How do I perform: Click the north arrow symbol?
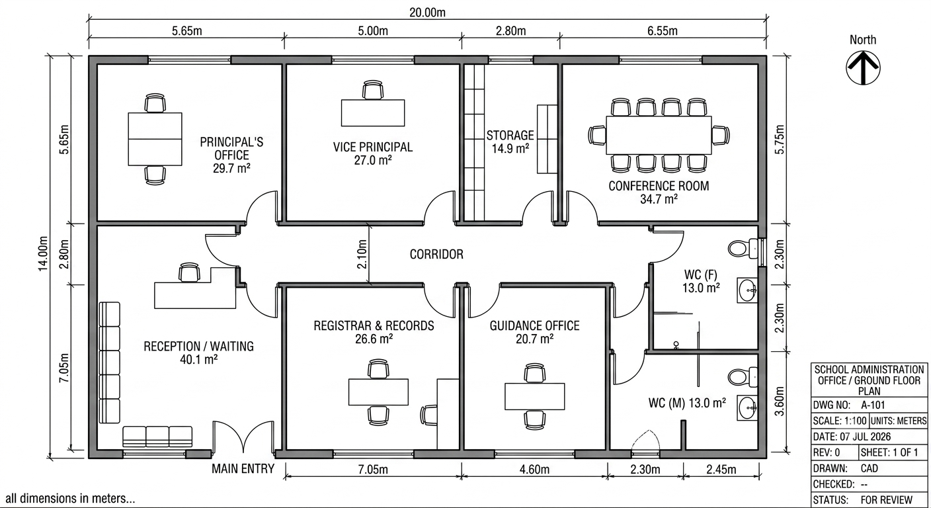tap(864, 68)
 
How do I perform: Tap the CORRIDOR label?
tap(436, 255)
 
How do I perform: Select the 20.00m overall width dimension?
tap(427, 13)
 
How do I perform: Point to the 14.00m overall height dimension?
tap(43, 253)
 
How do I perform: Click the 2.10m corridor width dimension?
tap(362, 254)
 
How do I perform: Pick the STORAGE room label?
tap(510, 136)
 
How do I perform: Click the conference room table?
tap(659, 135)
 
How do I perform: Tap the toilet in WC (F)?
tap(743, 249)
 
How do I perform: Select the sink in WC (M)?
tap(747, 408)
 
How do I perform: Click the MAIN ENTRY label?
tap(243, 469)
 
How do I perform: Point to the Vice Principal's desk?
tap(373, 112)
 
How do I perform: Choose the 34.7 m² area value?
tap(659, 200)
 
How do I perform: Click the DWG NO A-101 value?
tap(873, 405)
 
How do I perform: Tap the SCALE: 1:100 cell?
tap(840, 421)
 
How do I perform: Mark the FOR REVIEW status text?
tap(887, 499)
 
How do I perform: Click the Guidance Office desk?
tap(534, 397)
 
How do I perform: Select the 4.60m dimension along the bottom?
tap(534, 470)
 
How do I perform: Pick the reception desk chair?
tap(189, 273)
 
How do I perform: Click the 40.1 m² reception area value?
tap(198, 360)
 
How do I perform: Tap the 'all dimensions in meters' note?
tap(70, 499)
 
